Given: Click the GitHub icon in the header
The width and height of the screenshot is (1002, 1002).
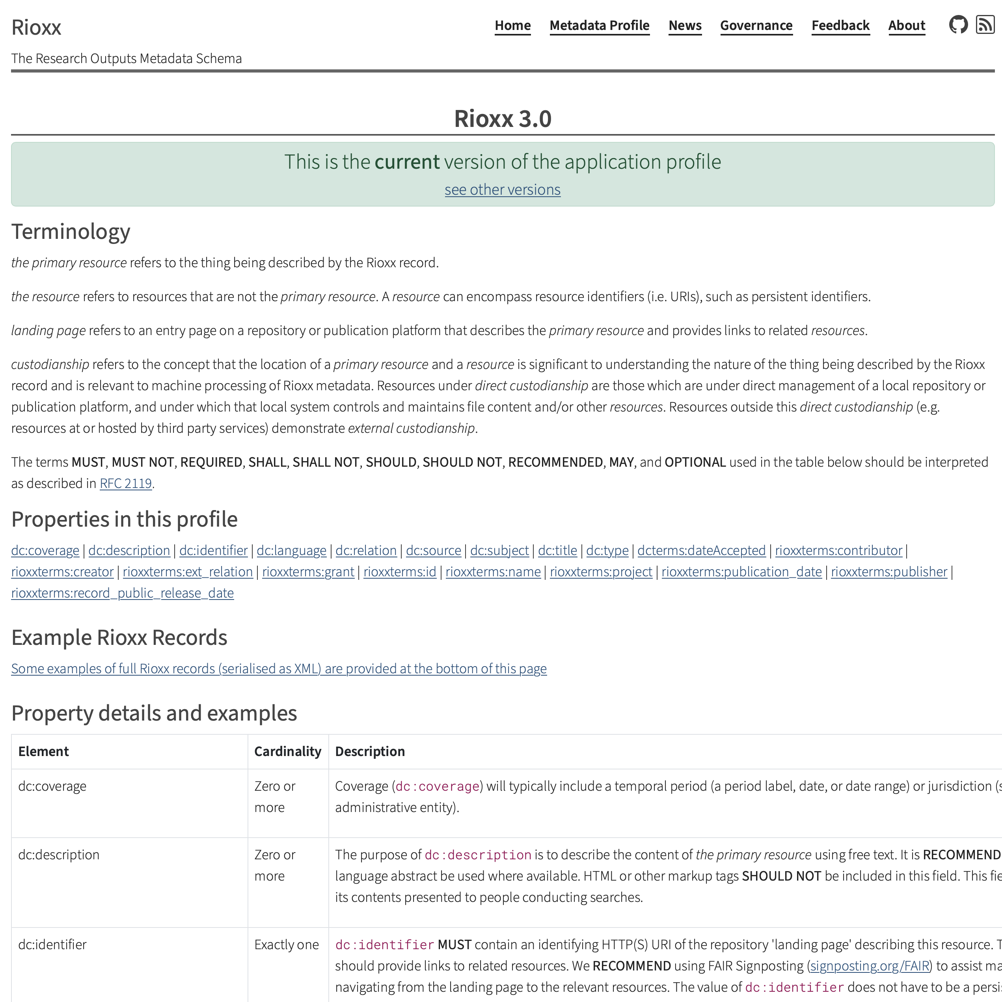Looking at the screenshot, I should [958, 24].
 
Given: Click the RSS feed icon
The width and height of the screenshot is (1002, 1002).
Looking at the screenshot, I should [985, 24].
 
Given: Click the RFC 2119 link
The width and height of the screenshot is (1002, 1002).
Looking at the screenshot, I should [125, 483].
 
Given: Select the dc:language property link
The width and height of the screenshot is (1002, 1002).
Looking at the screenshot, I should [291, 550].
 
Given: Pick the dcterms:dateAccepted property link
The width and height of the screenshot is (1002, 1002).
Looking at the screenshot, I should [701, 550].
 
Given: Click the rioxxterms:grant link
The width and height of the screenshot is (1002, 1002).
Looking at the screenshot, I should [308, 571].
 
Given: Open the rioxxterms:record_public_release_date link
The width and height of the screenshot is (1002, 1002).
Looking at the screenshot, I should [123, 592].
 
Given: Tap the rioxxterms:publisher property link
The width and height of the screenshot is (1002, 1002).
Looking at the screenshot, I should [888, 571].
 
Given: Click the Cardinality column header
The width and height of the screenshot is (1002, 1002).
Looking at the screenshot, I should [287, 751].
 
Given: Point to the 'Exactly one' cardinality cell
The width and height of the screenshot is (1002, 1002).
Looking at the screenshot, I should [286, 944].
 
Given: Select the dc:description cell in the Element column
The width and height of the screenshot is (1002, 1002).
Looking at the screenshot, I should [59, 854].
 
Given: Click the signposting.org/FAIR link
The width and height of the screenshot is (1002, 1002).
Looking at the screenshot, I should [869, 965].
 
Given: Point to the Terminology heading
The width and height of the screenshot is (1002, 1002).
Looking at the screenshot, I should [71, 231].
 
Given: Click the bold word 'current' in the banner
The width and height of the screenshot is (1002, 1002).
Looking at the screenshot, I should [407, 162].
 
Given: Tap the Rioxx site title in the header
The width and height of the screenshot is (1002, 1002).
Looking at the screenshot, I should [36, 27].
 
